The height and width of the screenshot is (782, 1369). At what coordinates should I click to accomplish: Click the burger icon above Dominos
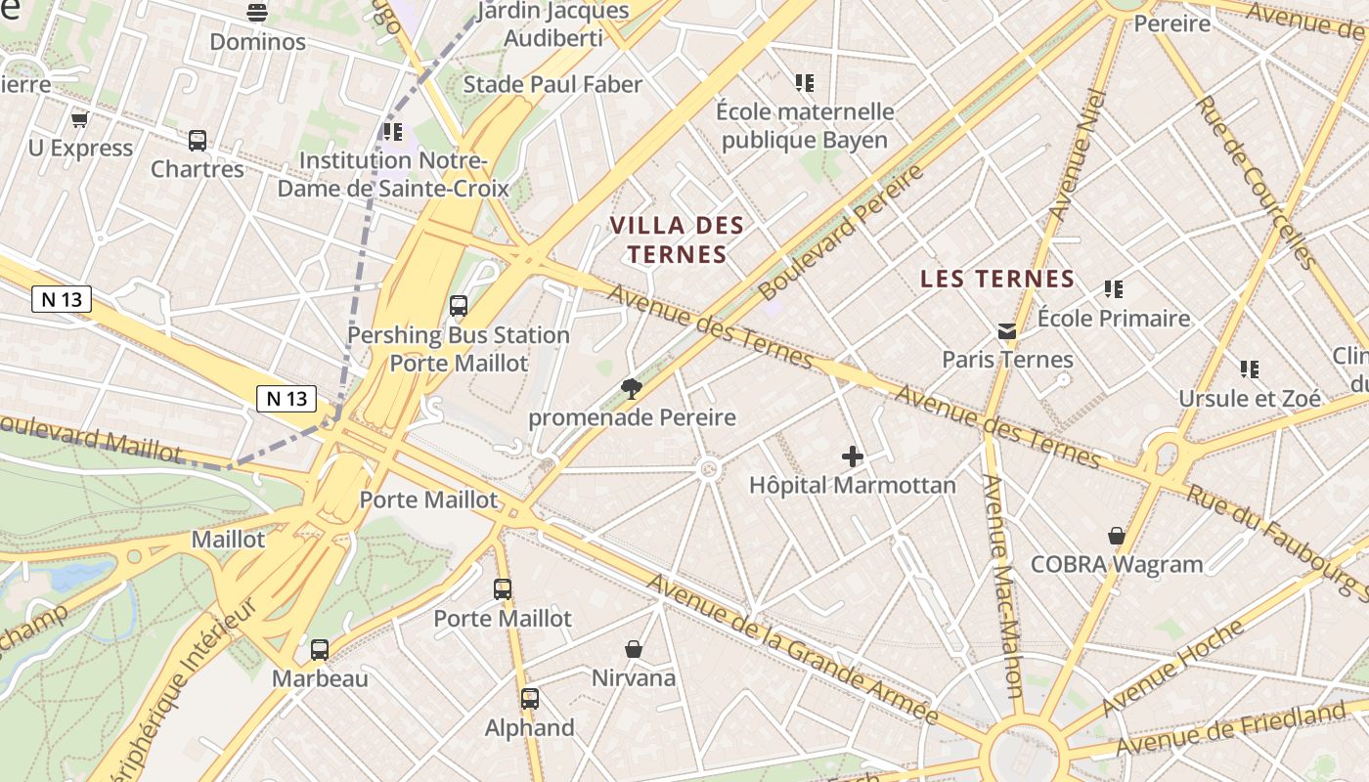(x=257, y=13)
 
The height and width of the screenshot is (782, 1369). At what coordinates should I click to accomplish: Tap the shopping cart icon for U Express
(x=80, y=119)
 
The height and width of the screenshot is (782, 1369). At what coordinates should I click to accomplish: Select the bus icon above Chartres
(x=198, y=141)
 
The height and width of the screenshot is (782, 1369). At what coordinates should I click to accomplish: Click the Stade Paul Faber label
(x=552, y=84)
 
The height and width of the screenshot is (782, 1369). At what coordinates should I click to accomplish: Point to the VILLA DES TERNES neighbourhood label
(x=677, y=239)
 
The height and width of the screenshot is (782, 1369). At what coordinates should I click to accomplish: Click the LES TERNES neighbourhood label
(x=997, y=279)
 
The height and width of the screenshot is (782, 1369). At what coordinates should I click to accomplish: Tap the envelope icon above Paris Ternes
(x=1007, y=331)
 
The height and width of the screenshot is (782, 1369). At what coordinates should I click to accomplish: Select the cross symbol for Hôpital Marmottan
(x=853, y=456)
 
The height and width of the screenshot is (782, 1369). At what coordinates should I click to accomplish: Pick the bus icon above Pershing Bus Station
(x=459, y=306)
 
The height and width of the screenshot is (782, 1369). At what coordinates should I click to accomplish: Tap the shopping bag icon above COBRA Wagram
(x=1117, y=536)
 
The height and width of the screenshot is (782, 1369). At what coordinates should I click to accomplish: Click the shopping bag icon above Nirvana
(x=634, y=649)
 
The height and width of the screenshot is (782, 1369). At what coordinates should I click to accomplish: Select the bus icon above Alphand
(x=530, y=699)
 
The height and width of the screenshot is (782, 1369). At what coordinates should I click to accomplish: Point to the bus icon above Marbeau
(x=320, y=650)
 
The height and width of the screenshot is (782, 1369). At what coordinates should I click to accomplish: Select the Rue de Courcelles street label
(x=1257, y=183)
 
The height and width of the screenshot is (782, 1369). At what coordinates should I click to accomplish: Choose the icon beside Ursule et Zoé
(x=1250, y=369)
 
